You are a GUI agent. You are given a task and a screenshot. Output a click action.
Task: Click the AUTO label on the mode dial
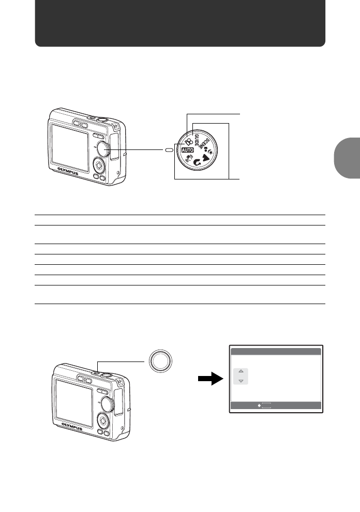[187, 150]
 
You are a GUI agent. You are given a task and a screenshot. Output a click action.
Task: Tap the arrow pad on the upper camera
[97, 165]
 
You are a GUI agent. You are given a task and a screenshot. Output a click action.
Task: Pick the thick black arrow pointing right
[211, 380]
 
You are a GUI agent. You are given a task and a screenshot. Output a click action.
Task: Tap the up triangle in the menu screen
[241, 371]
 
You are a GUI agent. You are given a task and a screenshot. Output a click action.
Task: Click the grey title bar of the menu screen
[276, 352]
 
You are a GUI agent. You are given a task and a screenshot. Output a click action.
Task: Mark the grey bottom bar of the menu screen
[276, 406]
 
